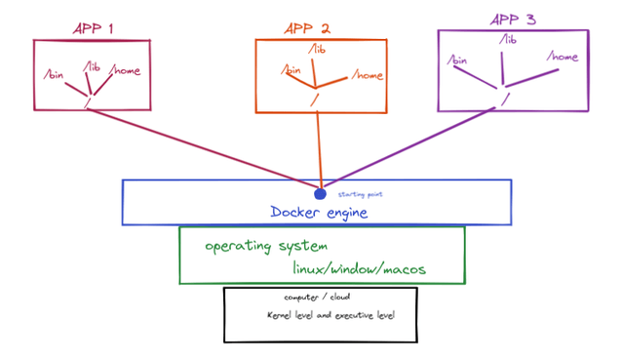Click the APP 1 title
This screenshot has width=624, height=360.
94,28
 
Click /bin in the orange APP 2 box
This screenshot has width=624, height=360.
291,71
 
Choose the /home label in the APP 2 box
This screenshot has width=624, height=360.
368,74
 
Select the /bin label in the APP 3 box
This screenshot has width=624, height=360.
457,61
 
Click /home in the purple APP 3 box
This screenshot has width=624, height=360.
564,57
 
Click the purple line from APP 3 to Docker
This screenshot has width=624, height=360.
409,147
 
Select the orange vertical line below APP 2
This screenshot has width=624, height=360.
318,146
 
